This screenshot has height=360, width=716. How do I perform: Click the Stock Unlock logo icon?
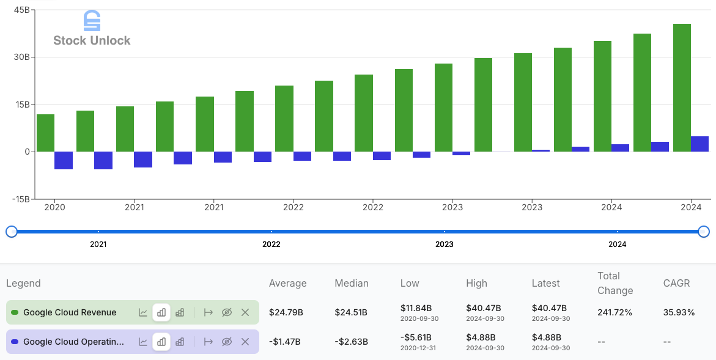pos(91,20)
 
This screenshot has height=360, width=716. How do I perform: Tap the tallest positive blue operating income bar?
pos(699,144)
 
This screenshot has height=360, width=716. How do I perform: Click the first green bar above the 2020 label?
pos(45,133)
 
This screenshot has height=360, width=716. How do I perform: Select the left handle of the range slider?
pos(11,232)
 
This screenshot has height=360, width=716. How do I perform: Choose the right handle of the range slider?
pos(704,232)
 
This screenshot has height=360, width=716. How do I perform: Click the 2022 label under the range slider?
pos(271,244)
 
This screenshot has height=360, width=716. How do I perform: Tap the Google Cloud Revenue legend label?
pos(70,312)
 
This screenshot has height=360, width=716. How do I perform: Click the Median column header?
pos(352,283)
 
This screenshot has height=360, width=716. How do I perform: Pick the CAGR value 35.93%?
pos(679,312)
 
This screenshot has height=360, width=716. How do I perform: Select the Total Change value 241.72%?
pos(615,312)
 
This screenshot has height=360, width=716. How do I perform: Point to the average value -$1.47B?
pos(285,342)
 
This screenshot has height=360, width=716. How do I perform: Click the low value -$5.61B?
pos(416,337)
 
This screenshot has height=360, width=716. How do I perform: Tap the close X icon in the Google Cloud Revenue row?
pos(245,312)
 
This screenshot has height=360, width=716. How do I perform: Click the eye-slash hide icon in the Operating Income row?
pos(227,342)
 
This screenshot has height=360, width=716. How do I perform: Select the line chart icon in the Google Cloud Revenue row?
pos(143,312)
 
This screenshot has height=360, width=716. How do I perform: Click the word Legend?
pos(23,283)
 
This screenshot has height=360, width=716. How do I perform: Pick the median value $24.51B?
pos(351,312)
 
